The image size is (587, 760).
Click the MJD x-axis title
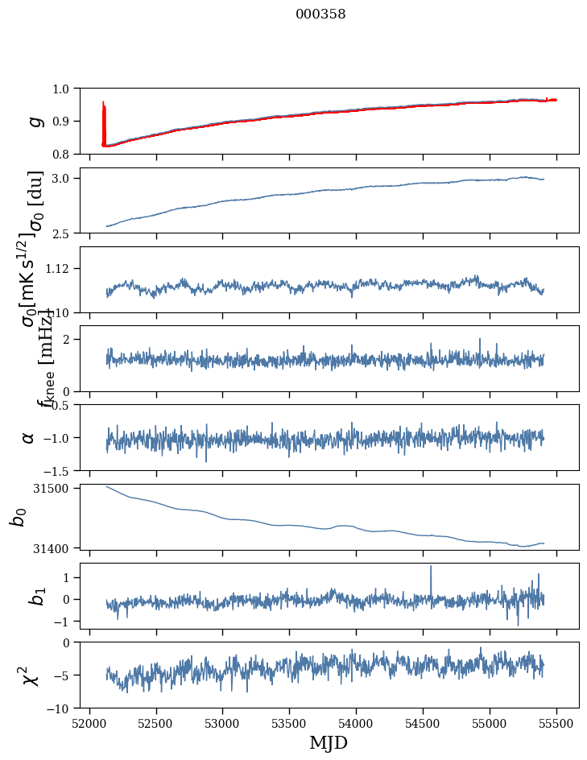329,742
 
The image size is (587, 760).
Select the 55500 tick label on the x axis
556,722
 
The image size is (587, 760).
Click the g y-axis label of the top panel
34,121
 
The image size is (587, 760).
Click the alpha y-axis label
29,437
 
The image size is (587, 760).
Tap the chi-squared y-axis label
31,675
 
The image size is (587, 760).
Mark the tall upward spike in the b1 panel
431,568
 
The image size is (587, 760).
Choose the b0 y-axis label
18,516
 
